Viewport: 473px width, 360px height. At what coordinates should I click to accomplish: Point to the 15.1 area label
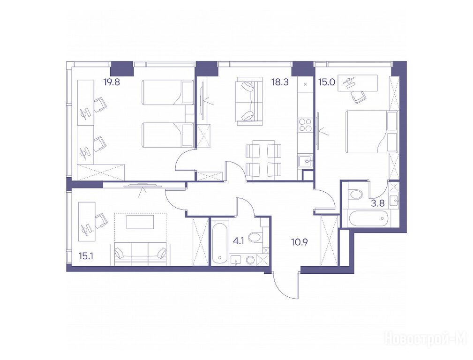coord(86,256)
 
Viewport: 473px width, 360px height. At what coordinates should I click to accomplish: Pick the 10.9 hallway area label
coord(300,242)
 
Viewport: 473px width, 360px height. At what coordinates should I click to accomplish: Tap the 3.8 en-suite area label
coord(378,203)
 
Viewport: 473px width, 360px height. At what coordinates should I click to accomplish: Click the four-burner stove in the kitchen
coord(305,125)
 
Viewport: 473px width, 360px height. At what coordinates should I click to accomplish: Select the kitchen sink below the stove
coord(305,161)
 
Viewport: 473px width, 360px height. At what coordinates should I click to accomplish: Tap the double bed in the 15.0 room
coord(372,132)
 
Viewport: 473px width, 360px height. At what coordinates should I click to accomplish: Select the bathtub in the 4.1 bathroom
coord(219,244)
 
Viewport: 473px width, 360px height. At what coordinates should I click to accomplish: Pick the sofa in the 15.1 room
coord(141,255)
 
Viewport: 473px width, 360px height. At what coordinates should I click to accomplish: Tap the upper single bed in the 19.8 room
coord(167,92)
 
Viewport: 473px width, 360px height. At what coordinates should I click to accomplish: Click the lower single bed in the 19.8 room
coord(167,135)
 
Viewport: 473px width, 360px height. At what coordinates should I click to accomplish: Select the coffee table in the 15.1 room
coord(140,222)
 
